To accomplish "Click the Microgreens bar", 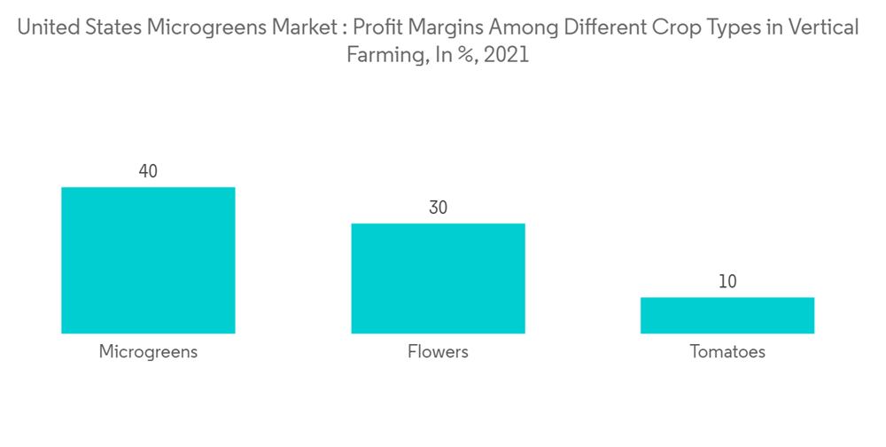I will pos(148,260).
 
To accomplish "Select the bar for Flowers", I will pos(438,278).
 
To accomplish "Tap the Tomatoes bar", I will pos(727,315).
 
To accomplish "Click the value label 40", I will pos(148,171).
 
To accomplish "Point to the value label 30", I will pos(438,208).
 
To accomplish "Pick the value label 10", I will pos(727,282).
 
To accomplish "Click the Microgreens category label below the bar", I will pos(148,352).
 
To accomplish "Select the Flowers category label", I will pos(438,352).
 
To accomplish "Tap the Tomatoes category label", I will pos(727,352).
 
